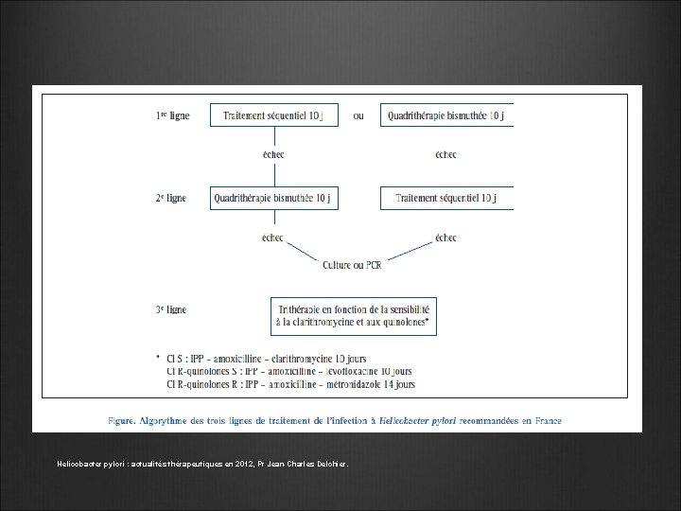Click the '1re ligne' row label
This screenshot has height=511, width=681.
point(172,116)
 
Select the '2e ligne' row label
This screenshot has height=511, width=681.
point(171,199)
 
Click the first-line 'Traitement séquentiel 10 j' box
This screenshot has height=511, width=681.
point(274,116)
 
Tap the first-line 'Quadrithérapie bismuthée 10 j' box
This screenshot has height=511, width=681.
point(446,116)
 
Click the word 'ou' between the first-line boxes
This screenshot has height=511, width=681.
point(358,116)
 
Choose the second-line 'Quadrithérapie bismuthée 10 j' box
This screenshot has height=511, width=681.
point(274,199)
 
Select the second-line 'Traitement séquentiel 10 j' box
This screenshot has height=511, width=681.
point(446,199)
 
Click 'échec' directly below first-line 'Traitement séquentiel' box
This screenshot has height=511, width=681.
point(273,154)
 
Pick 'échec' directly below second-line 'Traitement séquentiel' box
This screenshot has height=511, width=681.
point(445,238)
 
